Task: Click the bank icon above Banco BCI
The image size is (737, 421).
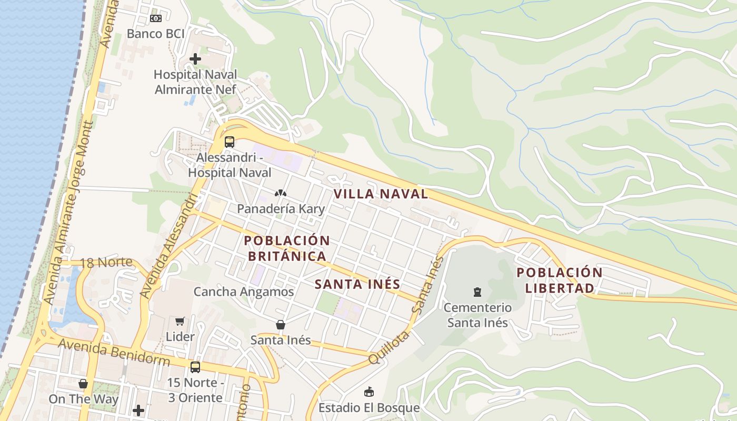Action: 155,18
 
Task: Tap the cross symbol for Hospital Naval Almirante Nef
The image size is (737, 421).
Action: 195,59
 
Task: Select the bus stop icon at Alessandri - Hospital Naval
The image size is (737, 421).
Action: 230,142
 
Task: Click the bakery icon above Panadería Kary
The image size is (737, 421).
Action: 281,193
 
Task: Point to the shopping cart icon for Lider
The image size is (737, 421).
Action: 180,321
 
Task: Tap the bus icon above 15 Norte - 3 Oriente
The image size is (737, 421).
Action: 195,367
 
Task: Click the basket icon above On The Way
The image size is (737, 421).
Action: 83,384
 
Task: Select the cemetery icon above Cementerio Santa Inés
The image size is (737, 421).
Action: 477,292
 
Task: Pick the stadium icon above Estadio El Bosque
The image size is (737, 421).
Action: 369,392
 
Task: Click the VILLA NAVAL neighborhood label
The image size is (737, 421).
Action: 381,194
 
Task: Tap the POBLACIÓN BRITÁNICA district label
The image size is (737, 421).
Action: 287,248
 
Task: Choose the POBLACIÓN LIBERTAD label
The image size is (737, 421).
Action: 560,280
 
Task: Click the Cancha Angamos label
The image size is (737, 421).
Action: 244,292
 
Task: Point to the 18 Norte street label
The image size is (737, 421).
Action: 106,263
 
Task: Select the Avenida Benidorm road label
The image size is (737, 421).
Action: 114,353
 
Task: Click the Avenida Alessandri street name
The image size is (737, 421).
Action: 170,246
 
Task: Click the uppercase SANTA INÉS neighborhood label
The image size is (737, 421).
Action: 357,284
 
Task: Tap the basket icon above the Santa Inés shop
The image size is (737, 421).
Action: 281,325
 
